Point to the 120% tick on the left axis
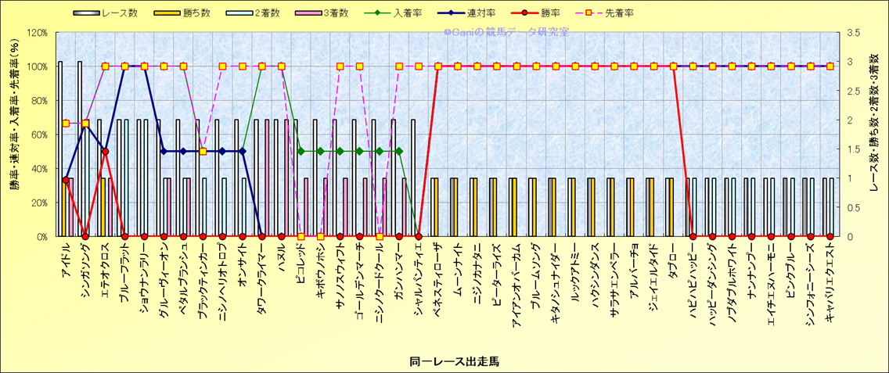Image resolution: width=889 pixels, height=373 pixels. pos(37,33)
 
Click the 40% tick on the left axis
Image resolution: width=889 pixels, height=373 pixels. pos(39,168)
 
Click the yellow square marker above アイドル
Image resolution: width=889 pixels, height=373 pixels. pos(66,124)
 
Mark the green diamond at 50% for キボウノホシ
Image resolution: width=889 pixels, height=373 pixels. pos(320,151)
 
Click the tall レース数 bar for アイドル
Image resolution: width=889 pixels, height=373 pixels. pos(60,149)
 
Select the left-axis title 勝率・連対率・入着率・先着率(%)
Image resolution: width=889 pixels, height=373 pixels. pos(14,134)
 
